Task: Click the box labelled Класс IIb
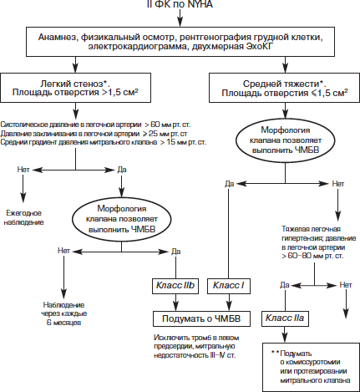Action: [175, 286]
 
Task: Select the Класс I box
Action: [229, 286]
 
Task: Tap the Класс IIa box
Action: [285, 318]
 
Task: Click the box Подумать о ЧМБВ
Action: [201, 318]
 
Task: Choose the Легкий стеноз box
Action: [75, 88]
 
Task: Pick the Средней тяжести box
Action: [284, 88]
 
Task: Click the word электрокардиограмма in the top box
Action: [134, 47]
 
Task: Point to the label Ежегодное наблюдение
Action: [23, 218]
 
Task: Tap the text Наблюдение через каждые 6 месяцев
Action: [64, 313]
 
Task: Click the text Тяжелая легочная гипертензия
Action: [318, 233]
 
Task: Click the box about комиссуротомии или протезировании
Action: [311, 367]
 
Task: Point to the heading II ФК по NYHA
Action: [180, 4]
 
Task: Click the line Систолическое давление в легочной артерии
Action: [95, 125]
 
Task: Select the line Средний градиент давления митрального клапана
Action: [103, 142]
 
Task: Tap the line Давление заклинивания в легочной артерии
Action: [94, 133]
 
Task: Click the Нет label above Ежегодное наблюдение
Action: [23, 170]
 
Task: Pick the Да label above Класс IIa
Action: [285, 285]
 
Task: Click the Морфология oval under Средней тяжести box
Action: [286, 140]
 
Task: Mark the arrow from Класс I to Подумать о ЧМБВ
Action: [229, 303]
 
